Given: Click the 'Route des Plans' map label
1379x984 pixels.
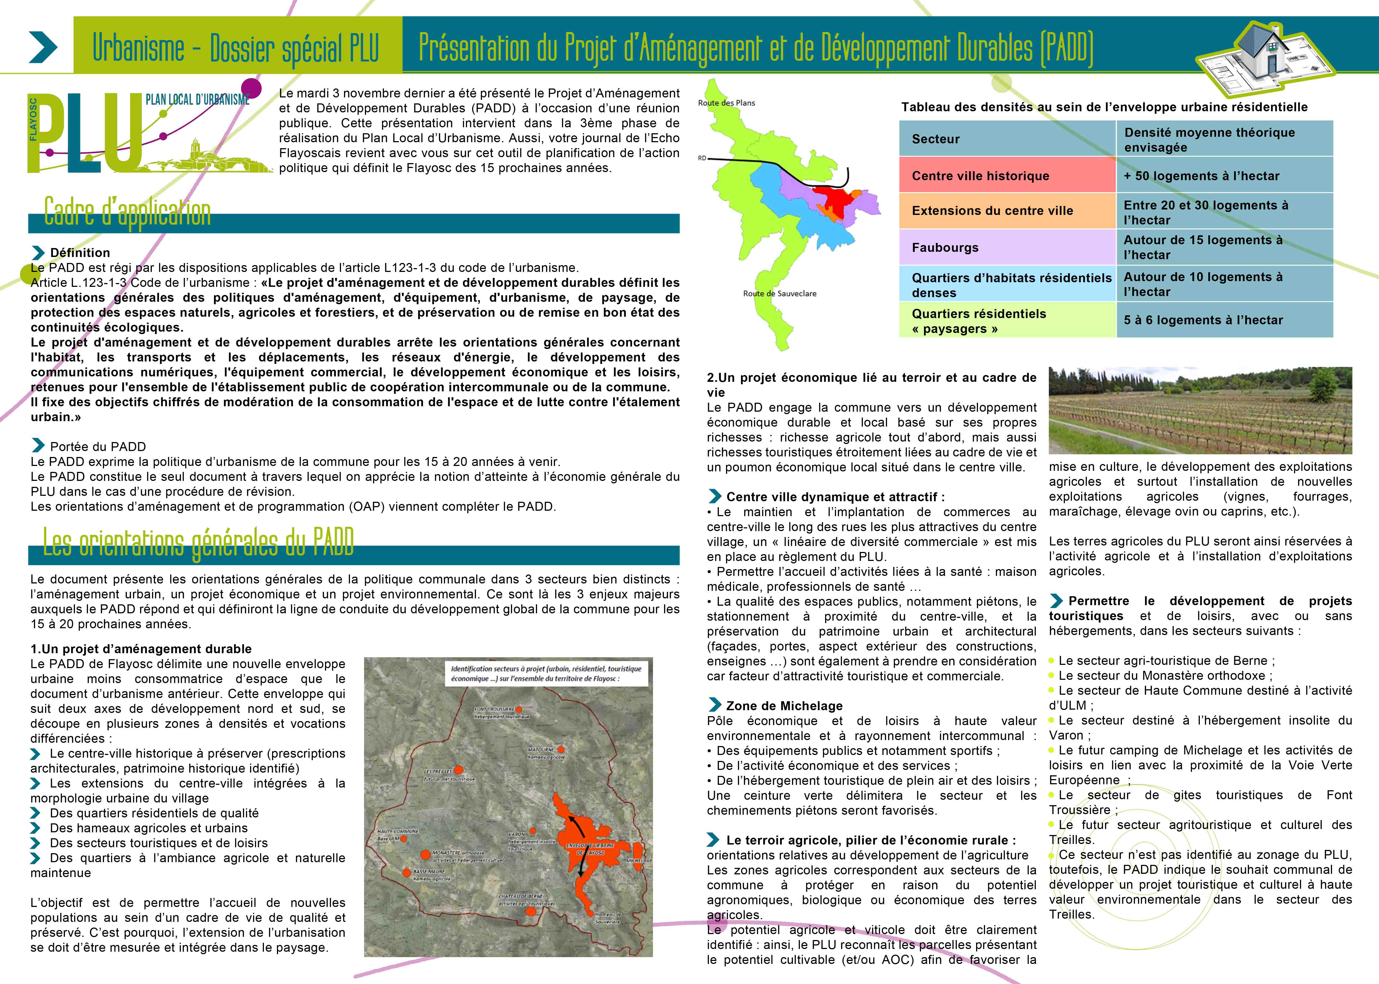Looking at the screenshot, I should click(x=726, y=103).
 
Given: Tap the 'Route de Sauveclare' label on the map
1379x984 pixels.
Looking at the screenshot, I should click(x=780, y=293).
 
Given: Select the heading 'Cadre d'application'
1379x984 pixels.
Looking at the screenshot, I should click(x=127, y=212).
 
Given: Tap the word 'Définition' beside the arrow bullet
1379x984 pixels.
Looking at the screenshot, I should click(x=80, y=253).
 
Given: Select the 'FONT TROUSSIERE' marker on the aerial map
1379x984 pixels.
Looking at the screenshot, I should click(x=518, y=709).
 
